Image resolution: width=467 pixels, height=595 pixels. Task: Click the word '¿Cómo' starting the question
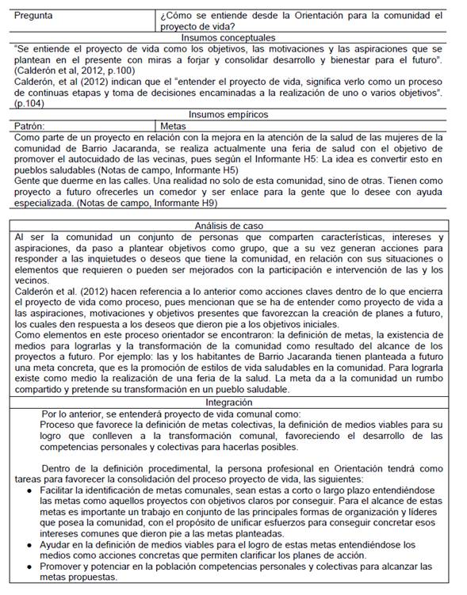click(176, 15)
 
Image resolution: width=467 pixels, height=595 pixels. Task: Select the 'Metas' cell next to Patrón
click(174, 126)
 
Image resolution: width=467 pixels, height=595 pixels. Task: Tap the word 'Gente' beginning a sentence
click(29, 181)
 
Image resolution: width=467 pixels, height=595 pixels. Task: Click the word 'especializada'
click(49, 203)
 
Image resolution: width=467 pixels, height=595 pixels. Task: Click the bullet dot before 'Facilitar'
click(29, 491)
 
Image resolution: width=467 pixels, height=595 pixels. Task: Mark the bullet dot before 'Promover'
click(29, 566)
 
